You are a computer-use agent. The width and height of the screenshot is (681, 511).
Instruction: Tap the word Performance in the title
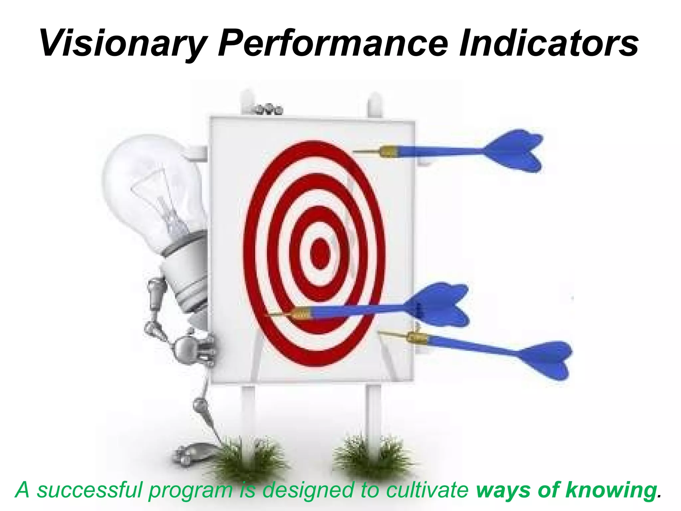click(x=333, y=43)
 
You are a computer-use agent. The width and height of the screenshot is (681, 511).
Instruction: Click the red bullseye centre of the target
click(x=320, y=254)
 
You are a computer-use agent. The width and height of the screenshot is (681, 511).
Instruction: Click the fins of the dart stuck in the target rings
click(x=439, y=304)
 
